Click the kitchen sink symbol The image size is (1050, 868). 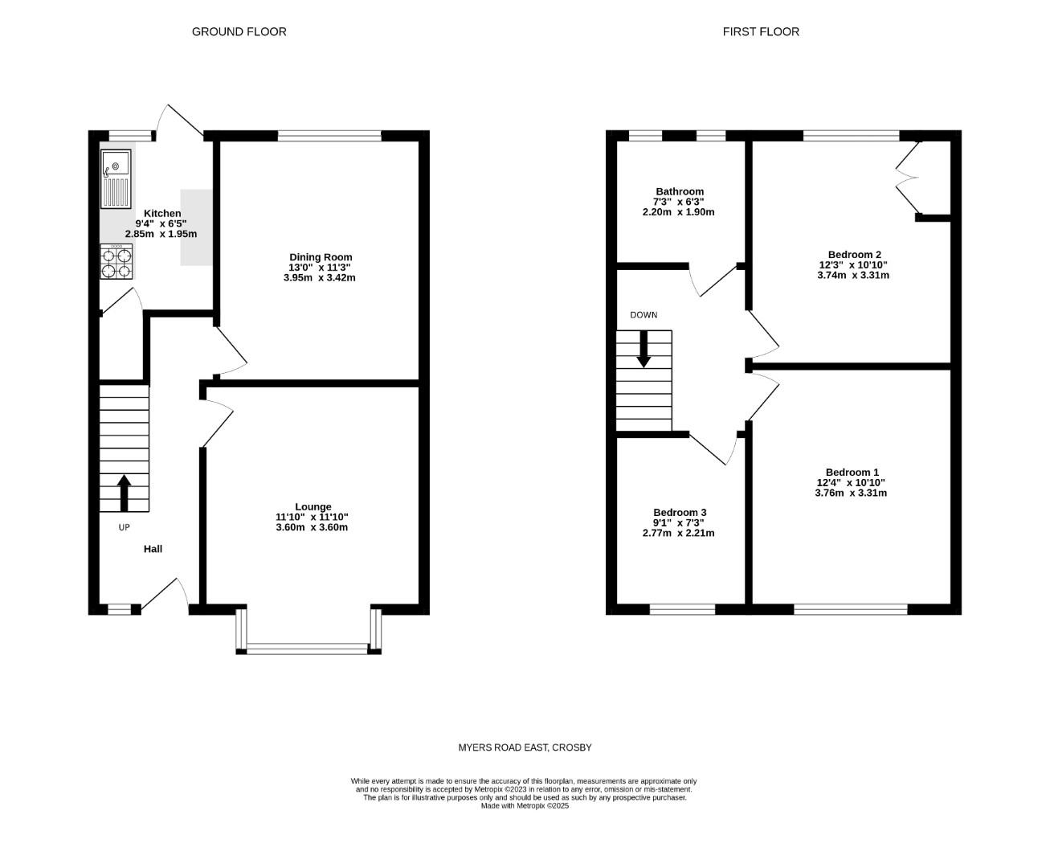tap(116, 178)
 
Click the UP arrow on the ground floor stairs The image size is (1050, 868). tap(124, 492)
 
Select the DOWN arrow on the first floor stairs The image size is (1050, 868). tap(643, 350)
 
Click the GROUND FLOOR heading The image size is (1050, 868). tap(239, 32)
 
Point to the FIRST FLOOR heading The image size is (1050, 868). tap(761, 32)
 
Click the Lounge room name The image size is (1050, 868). tap(313, 506)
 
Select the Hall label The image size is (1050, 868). tap(153, 549)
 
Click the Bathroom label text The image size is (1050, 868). tap(679, 191)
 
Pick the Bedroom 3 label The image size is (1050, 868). tap(680, 512)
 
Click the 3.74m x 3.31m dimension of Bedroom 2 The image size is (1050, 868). tap(852, 275)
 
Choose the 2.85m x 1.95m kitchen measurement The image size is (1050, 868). tap(161, 234)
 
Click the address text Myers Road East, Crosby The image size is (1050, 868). tap(525, 747)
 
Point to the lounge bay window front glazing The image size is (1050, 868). tap(308, 649)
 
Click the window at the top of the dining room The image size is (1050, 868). tap(329, 135)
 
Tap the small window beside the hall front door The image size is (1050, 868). tap(119, 609)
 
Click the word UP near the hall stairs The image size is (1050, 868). tap(124, 527)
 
